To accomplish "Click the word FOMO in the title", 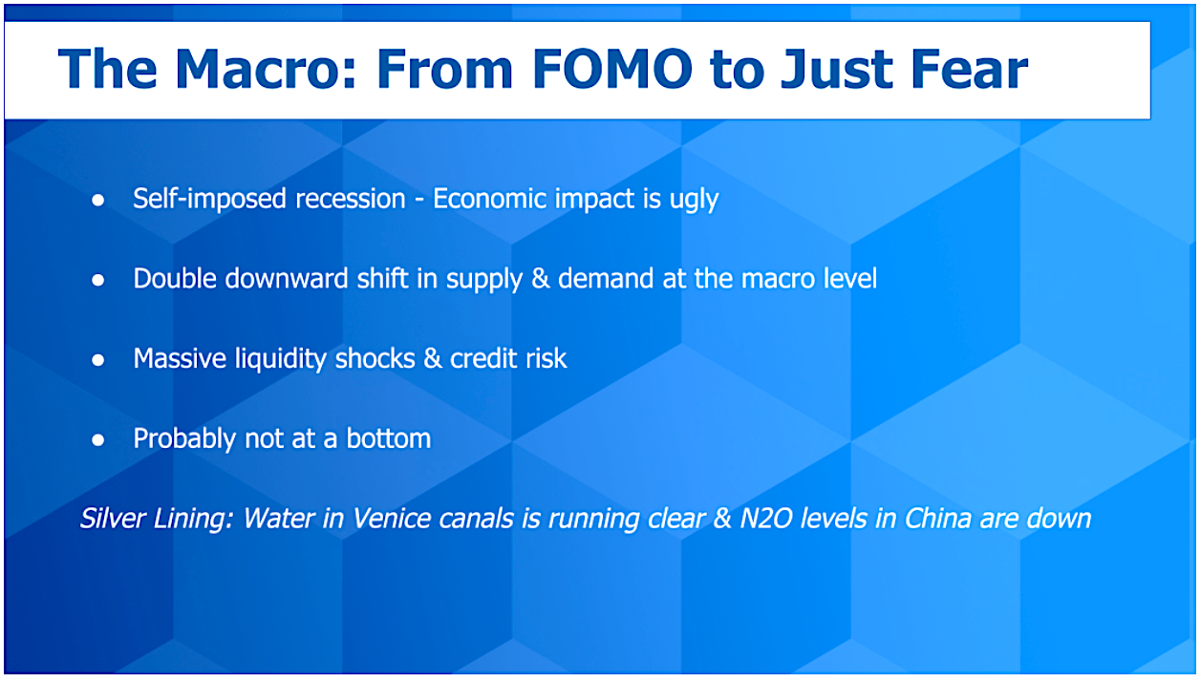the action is click(x=612, y=69).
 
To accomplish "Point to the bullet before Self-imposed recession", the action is click(x=98, y=201).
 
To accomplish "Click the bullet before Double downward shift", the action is click(x=98, y=280).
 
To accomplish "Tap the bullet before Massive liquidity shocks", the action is click(x=98, y=360).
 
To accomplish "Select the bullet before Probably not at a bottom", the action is click(x=98, y=439).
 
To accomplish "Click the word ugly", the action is click(x=694, y=201).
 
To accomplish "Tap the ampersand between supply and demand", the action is click(x=541, y=279).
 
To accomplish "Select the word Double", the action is click(x=175, y=279).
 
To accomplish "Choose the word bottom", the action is click(x=389, y=438).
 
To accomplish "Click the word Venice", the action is click(x=392, y=518).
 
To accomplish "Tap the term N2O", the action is click(x=766, y=518).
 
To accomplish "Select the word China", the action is click(x=938, y=518).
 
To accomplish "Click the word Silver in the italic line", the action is click(x=113, y=518).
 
